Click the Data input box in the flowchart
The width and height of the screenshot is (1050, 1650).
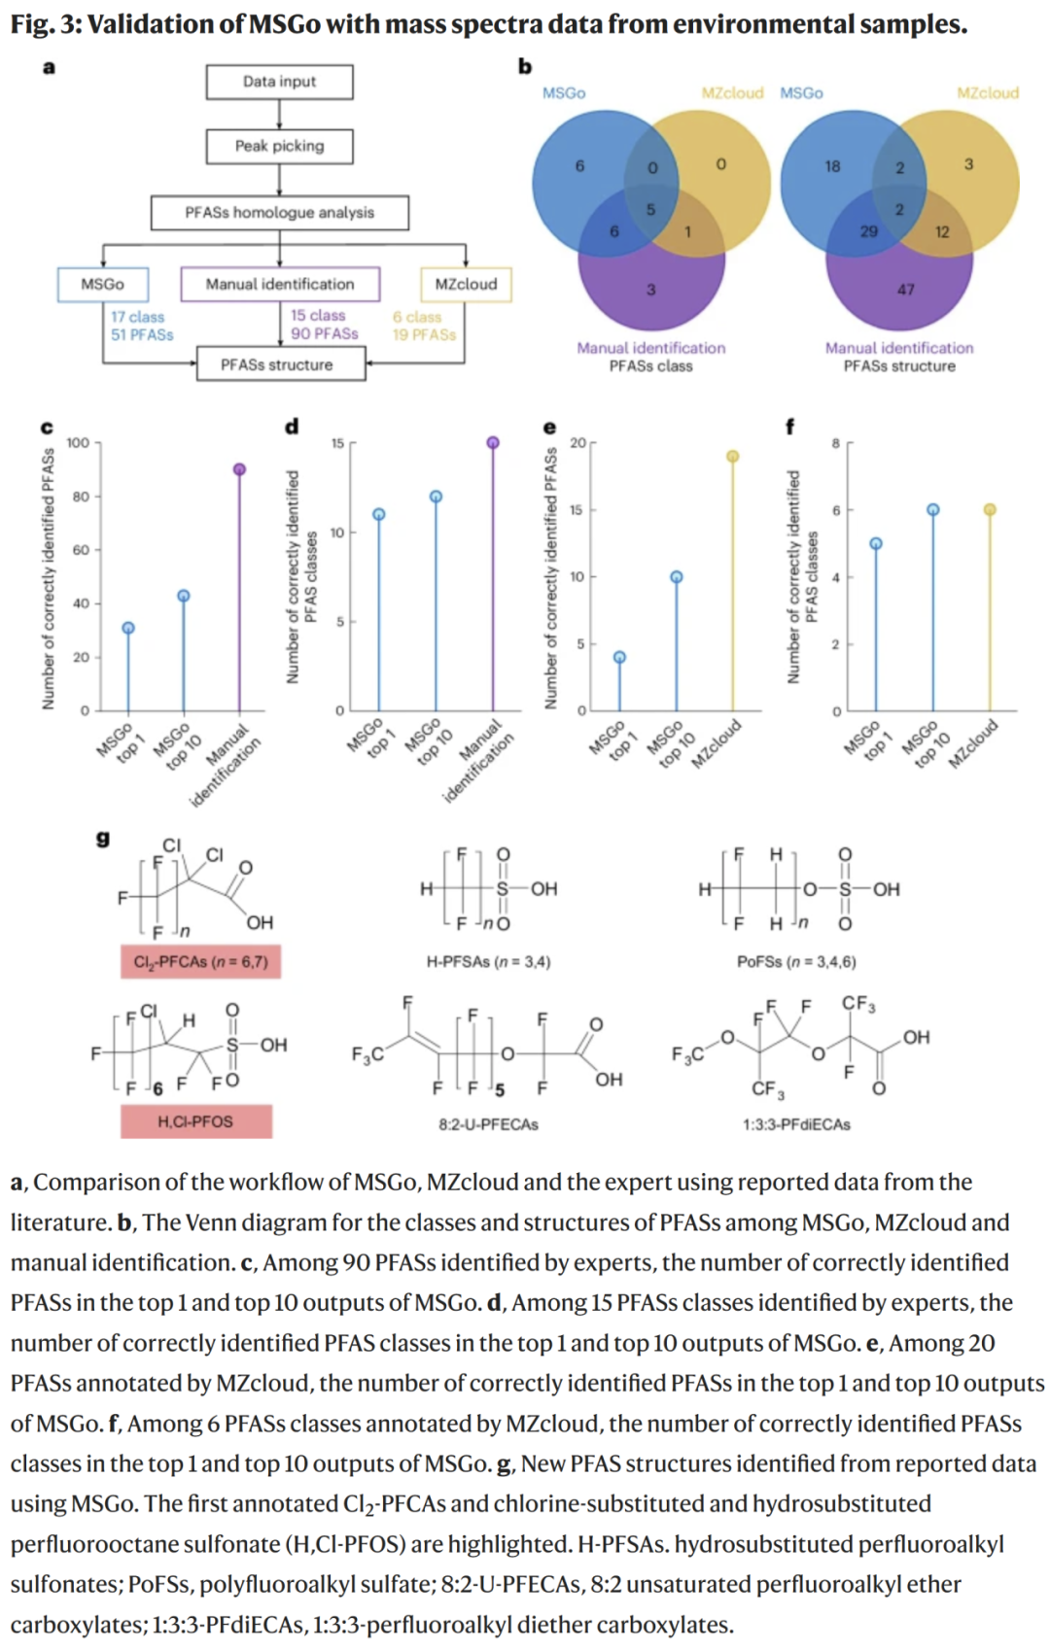[x=279, y=82]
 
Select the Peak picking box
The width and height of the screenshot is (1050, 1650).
[x=279, y=146]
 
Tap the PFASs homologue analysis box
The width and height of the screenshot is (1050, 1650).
[x=279, y=212]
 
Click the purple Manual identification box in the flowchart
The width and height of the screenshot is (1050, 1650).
[x=280, y=284]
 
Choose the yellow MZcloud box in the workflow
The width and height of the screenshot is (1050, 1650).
[x=466, y=284]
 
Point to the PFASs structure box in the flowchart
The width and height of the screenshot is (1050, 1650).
[x=280, y=364]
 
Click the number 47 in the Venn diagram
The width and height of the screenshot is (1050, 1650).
[x=906, y=290]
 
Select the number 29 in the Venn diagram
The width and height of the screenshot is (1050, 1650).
[x=869, y=231]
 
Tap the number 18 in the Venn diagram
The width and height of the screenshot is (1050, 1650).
[x=832, y=166]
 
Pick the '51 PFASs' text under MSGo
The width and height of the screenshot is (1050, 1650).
[x=142, y=334]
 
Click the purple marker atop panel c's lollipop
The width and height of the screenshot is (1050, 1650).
[x=239, y=469]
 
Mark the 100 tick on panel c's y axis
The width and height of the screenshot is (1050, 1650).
[x=78, y=443]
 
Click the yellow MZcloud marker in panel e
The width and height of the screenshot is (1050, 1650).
[x=733, y=456]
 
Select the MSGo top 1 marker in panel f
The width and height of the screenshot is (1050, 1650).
[x=876, y=543]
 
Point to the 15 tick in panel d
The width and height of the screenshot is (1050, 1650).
[x=337, y=443]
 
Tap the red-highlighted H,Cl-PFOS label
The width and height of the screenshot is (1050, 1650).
[x=196, y=1121]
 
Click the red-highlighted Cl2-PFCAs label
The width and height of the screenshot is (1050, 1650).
[x=200, y=962]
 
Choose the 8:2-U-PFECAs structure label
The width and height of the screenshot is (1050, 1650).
[x=488, y=1124]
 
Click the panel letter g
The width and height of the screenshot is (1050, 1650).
[x=103, y=838]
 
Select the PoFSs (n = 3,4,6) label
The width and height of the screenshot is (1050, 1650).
[x=796, y=962]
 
